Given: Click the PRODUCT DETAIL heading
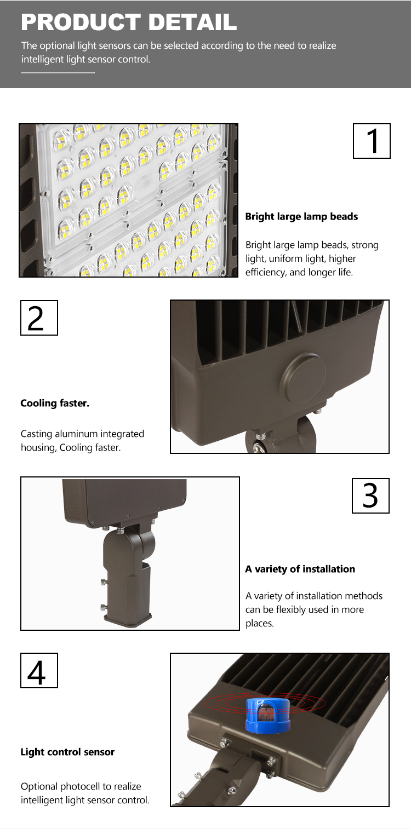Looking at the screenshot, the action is pos(129,22).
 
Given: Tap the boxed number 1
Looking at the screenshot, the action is pos(372,141).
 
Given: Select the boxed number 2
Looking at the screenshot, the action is pos(39,318).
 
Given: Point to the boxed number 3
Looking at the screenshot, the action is pos(370,496).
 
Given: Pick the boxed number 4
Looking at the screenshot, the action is pos(39,670).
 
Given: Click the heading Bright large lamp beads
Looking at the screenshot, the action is pos(301,216).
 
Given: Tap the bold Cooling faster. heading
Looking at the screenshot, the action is pos(55,403).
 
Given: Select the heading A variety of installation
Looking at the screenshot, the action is pos(300,569).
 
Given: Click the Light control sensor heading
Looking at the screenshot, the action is pos(67,752).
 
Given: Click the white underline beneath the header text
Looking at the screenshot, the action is pos(58,73).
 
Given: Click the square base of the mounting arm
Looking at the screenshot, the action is pos(128,619).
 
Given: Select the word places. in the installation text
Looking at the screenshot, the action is pos(260,623).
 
